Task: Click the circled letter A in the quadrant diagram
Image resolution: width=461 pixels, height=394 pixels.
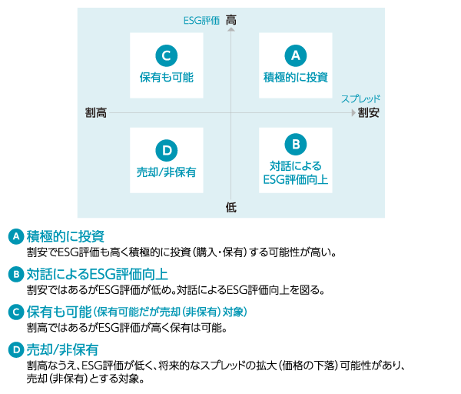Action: tap(296, 55)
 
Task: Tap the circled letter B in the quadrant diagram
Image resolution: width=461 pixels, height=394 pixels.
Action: tap(296, 145)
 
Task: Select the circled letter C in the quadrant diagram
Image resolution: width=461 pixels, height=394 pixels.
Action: tap(167, 55)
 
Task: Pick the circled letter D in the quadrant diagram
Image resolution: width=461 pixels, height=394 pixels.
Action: tap(167, 151)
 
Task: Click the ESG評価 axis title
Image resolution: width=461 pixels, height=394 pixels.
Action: tap(201, 21)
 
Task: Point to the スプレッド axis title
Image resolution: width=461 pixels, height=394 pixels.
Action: tap(360, 98)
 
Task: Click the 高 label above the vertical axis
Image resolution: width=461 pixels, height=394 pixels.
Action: tap(231, 20)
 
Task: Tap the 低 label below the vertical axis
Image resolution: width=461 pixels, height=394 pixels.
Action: tap(231, 207)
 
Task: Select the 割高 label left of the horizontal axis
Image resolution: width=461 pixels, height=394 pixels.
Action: tap(96, 113)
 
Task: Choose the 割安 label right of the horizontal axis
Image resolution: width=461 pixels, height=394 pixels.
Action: tap(368, 113)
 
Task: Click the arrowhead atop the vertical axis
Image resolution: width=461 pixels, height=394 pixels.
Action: tap(231, 29)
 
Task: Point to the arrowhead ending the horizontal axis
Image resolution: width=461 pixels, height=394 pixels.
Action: tap(353, 113)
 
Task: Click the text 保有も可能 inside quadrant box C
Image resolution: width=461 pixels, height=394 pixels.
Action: tap(167, 78)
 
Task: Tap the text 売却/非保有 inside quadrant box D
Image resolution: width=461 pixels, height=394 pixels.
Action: tap(167, 172)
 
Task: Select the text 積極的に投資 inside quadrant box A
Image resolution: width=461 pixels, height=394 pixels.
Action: tap(296, 78)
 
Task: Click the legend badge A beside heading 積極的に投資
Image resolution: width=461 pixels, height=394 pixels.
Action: tap(16, 236)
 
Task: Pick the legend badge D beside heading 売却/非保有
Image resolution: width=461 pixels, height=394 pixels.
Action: tap(16, 350)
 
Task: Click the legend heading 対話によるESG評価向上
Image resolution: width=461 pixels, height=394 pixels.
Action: tap(98, 274)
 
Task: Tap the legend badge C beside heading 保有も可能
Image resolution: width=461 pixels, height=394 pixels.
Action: tap(16, 312)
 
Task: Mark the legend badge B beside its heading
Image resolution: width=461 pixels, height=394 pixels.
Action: tap(16, 275)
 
